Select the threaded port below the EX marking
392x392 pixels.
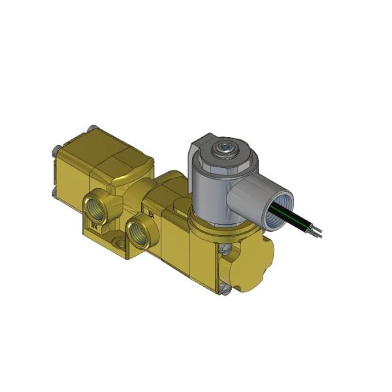point(139,233)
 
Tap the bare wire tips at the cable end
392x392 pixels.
point(318,230)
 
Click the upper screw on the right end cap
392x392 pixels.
point(226,249)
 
